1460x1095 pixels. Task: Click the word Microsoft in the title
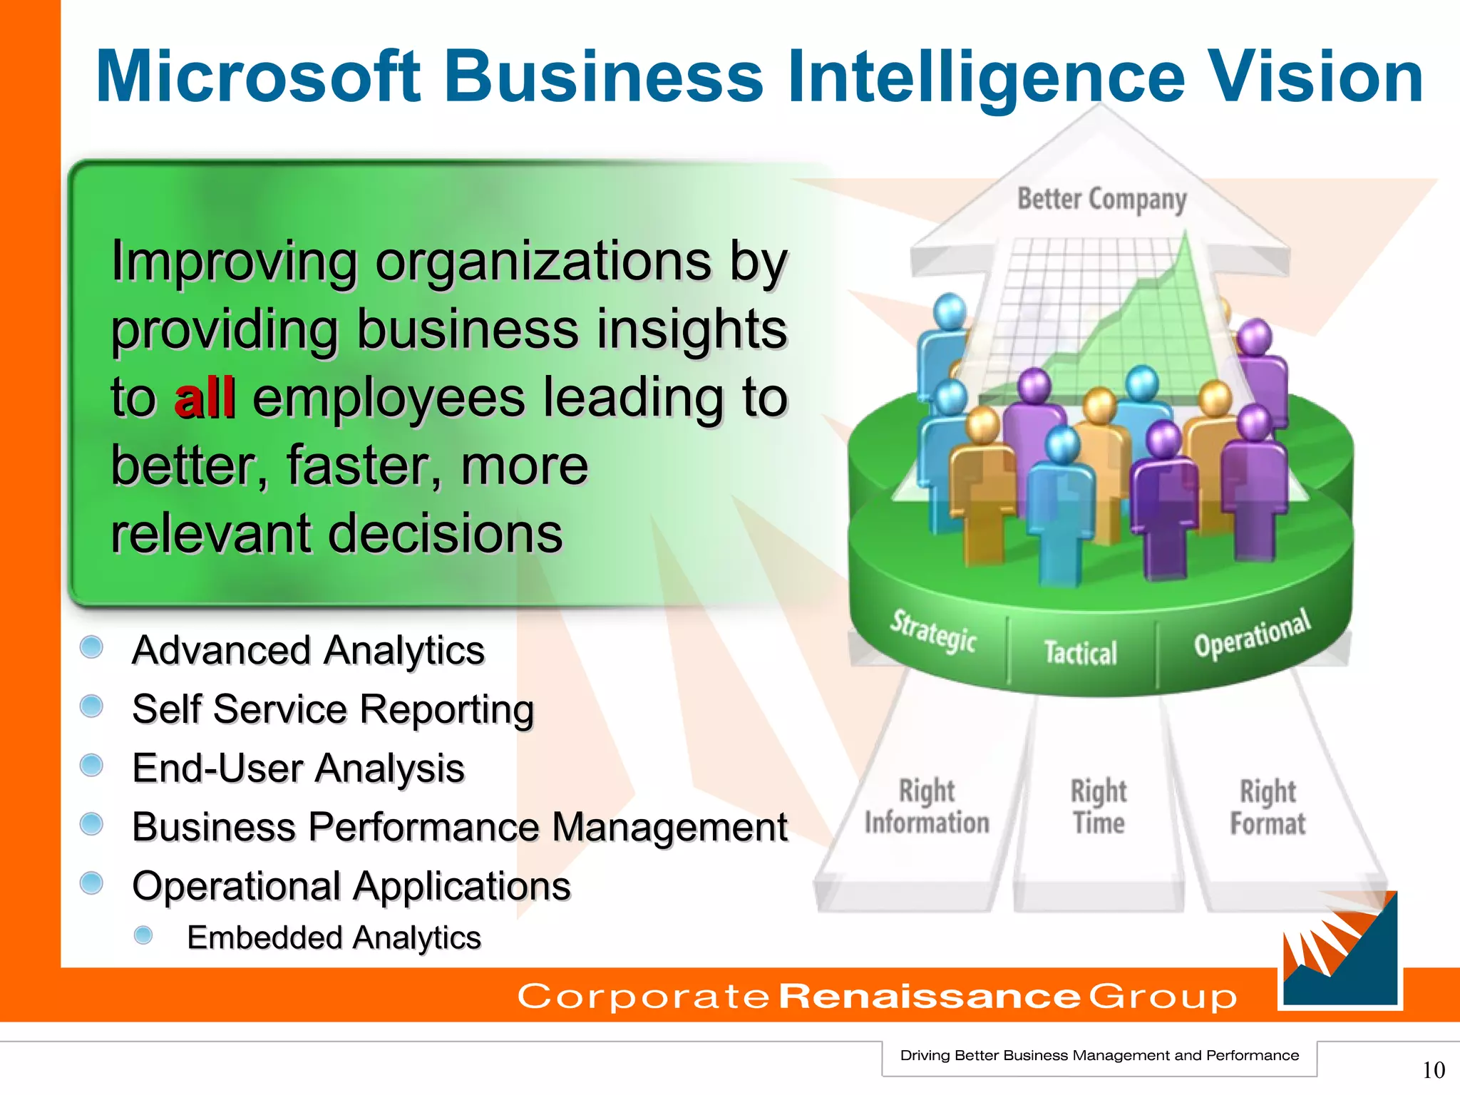(258, 76)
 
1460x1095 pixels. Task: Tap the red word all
(205, 397)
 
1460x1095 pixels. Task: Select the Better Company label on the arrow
(1101, 200)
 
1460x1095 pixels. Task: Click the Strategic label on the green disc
(933, 631)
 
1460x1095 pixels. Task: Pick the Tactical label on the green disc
(1080, 652)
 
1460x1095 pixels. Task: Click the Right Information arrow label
(927, 807)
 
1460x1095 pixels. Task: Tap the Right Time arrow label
(1099, 807)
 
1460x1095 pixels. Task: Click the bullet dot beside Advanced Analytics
(91, 647)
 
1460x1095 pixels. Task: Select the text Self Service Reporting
(333, 709)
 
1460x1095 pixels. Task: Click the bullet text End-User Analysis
(298, 768)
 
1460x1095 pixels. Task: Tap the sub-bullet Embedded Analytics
(334, 937)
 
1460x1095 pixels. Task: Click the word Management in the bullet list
(669, 827)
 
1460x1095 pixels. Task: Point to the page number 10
(1433, 1069)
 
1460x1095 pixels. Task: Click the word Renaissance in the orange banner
(930, 996)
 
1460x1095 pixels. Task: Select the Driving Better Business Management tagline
(1099, 1055)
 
